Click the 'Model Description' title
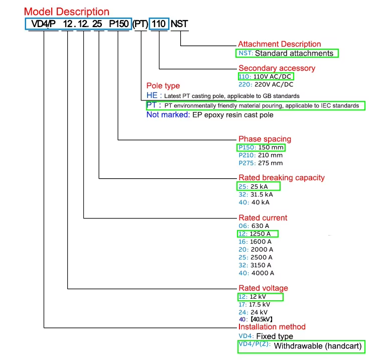click(66, 11)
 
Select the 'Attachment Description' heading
click(279, 44)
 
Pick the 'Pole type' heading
click(163, 86)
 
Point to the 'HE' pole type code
click(152, 95)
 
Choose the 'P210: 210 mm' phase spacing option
click(261, 155)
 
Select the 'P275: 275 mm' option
click(261, 163)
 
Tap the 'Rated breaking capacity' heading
click(281, 178)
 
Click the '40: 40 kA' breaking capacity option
click(254, 202)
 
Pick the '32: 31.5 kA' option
click(256, 194)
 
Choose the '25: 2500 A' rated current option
click(256, 257)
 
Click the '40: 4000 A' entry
click(256, 273)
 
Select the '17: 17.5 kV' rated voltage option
click(254, 305)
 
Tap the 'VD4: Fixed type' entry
click(266, 336)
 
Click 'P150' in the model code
click(119, 24)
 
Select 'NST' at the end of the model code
click(179, 24)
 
